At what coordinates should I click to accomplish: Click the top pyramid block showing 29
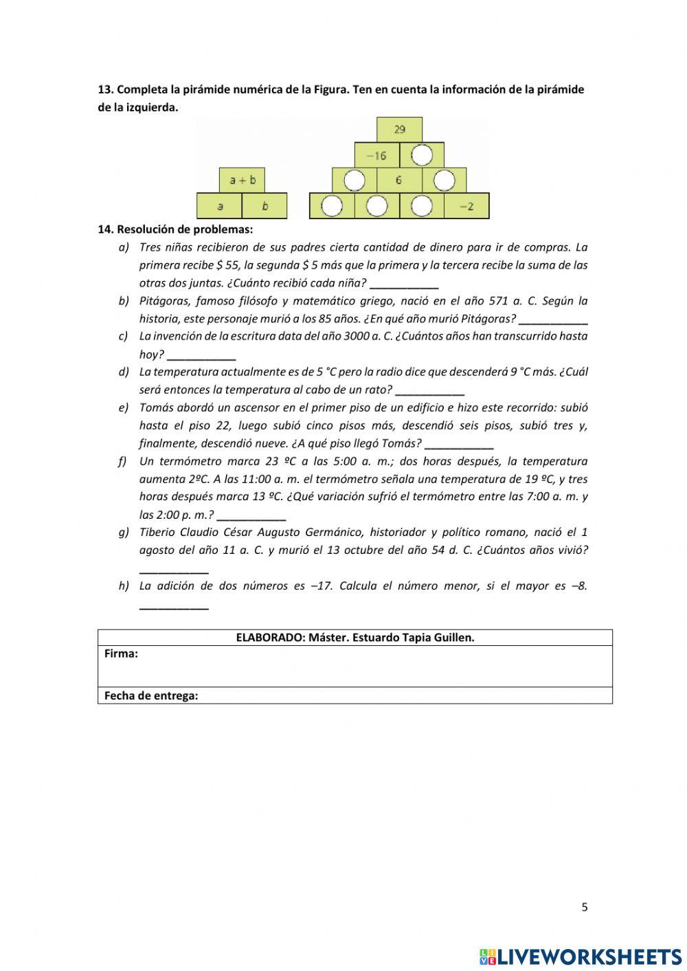399,129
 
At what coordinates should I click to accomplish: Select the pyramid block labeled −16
376,155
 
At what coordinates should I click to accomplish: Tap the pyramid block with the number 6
398,180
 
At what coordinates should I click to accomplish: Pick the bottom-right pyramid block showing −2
466,205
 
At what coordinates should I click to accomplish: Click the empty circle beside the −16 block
422,155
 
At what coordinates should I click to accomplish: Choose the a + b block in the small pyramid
242,180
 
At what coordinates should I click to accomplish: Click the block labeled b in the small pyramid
264,205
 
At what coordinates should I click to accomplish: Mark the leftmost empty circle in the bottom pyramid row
332,205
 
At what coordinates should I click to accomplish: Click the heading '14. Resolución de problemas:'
175,230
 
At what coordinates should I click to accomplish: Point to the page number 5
585,907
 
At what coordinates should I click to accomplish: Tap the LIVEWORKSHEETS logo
581,957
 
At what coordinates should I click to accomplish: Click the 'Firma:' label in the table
121,654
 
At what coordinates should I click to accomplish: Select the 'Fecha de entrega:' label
151,695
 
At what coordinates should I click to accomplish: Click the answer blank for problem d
430,390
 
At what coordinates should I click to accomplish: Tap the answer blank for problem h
174,605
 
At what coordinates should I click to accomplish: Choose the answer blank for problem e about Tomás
459,444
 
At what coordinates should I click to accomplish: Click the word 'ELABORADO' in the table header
270,638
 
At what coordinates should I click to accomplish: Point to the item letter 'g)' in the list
124,532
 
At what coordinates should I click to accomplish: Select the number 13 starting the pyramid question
104,89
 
